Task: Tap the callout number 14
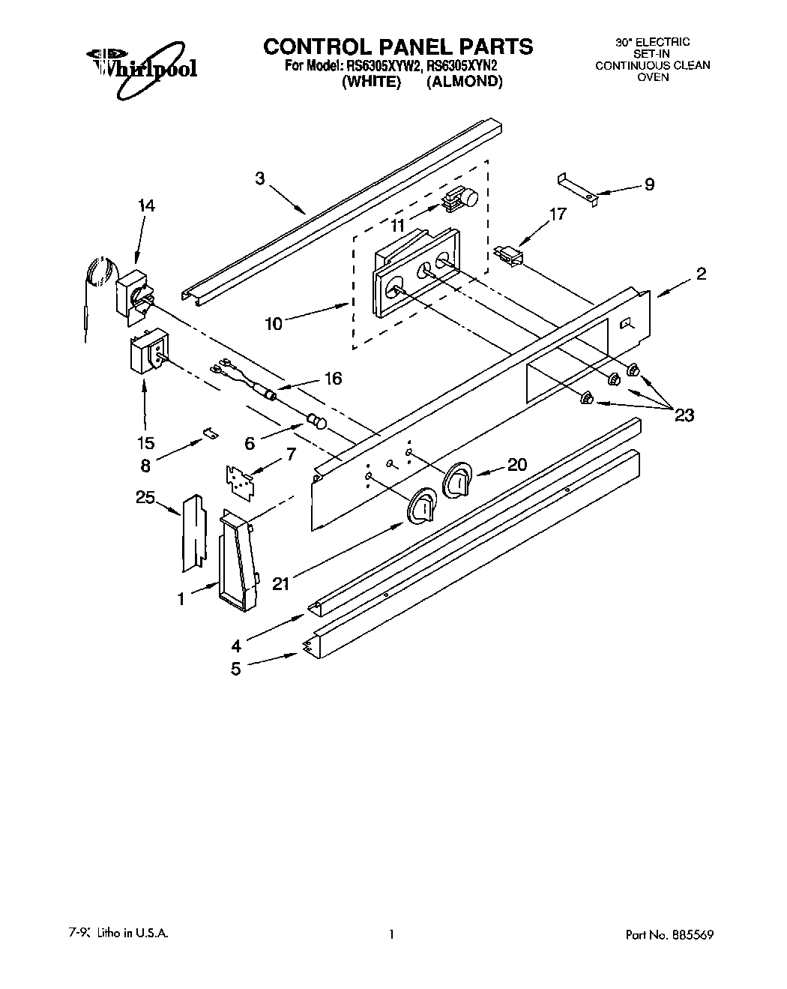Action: (147, 205)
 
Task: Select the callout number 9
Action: (649, 184)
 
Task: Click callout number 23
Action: (684, 414)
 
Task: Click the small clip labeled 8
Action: (210, 433)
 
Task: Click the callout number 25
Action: (146, 496)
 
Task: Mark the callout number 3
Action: (259, 178)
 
